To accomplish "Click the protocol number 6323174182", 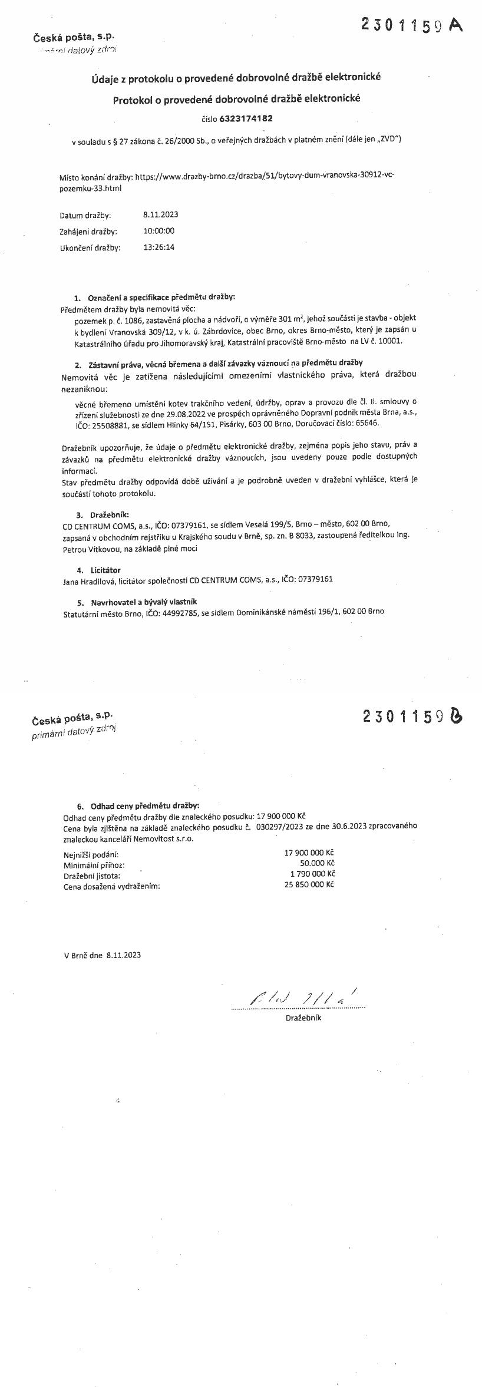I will coord(246,118).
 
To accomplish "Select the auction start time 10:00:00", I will coord(159,231).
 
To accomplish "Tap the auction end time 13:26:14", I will coord(159,247).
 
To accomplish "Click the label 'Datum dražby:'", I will coord(85,216).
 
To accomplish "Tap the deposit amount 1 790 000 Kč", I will coord(312,874).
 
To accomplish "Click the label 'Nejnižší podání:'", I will coord(91,854).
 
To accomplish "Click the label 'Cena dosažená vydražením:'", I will coord(111,886).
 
